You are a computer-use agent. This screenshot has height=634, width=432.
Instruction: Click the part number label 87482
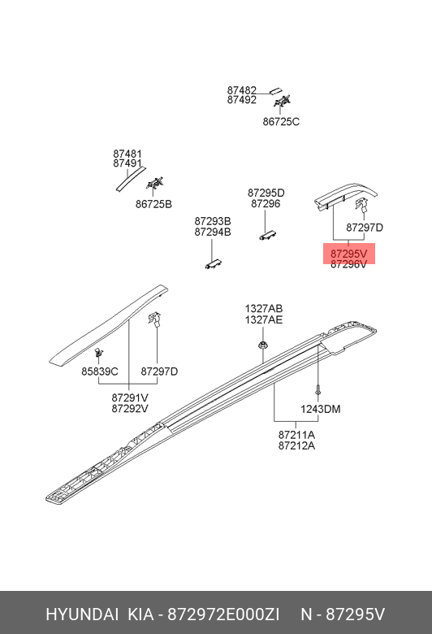tap(242, 90)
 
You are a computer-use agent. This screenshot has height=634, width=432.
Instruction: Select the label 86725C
tap(281, 122)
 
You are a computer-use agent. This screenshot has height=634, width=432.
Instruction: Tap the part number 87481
tap(127, 154)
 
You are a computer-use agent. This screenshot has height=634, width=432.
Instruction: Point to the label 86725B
tap(153, 204)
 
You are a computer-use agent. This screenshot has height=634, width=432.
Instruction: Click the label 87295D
tap(266, 193)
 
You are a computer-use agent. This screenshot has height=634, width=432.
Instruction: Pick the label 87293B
tap(213, 221)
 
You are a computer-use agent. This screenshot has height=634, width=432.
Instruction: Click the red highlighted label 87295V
tap(348, 254)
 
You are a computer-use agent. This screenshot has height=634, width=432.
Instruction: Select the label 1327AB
tap(263, 309)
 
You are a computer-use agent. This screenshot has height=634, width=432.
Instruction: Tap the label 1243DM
tap(321, 409)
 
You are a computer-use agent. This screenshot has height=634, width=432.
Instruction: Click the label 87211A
tap(296, 435)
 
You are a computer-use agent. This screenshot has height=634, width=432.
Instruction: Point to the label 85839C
tap(100, 371)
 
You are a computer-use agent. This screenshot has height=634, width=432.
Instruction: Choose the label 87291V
tap(130, 397)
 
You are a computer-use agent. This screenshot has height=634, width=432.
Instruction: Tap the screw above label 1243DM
tap(318, 389)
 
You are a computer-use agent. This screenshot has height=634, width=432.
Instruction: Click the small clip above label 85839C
tap(98, 352)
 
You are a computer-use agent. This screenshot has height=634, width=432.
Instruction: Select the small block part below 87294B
tap(214, 263)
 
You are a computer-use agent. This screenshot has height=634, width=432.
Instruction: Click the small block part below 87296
tap(267, 234)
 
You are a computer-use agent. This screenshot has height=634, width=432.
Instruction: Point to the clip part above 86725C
tap(282, 101)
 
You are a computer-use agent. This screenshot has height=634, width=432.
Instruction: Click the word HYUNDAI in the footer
tap(82, 614)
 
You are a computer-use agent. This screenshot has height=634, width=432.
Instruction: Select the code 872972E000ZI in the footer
tap(223, 614)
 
